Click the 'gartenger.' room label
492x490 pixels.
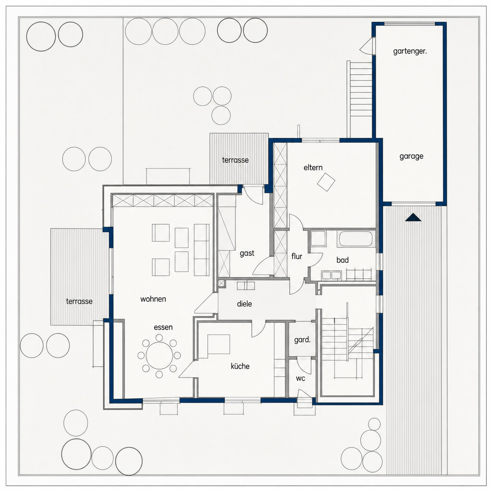pos(410,51)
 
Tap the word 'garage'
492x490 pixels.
pos(411,156)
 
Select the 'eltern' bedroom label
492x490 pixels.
pos(313,168)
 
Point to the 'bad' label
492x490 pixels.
pos(342,260)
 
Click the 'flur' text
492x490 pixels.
pos(296,257)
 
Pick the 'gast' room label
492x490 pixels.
pos(247,253)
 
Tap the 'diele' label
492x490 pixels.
pos(245,304)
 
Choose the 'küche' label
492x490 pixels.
pos(240,366)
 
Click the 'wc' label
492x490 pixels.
pos(300,379)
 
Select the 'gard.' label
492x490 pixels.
pos(302,340)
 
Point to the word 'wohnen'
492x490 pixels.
pos(153,299)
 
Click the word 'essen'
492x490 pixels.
pos(163,327)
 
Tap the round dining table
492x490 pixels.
pos(160,355)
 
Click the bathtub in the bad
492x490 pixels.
pos(356,239)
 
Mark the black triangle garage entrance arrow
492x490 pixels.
pos(413,218)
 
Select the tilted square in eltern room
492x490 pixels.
pos(326,182)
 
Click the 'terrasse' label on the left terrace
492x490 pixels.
pos(79,302)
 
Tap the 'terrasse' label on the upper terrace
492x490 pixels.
pos(235,160)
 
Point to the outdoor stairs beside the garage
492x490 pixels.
pos(360,99)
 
